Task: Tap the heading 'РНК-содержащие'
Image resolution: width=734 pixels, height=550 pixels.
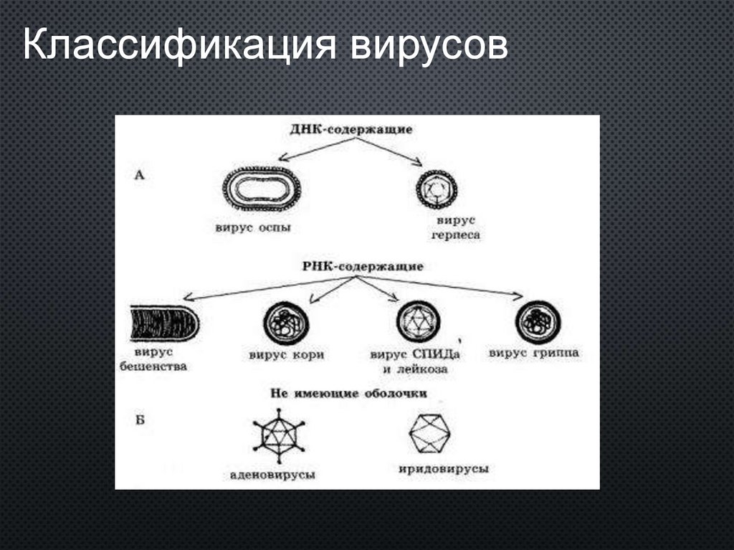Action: pos(363,266)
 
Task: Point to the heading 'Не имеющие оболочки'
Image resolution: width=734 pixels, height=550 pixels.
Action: pos(349,393)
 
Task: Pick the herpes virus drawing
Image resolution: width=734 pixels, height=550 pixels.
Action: pos(437,189)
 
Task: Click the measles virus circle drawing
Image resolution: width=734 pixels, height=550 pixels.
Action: pos(285,323)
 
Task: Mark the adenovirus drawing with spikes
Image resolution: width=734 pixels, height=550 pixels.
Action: pos(278,436)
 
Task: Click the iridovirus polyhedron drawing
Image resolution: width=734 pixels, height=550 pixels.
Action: pos(428,433)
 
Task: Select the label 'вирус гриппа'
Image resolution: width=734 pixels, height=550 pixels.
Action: pos(534,353)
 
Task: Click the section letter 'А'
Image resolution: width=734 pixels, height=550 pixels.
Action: pos(139,174)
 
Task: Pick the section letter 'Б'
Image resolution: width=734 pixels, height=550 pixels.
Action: pos(139,419)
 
